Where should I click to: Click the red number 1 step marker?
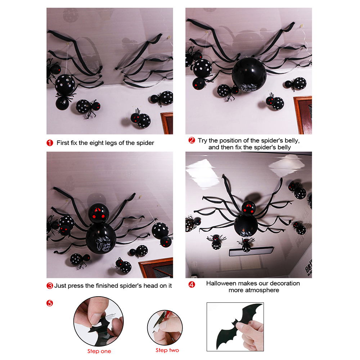point(50,143)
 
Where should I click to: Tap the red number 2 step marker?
point(192,140)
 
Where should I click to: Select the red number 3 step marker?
point(50,285)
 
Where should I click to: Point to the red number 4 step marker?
point(192,285)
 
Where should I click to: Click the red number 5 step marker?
point(50,303)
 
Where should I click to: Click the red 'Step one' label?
point(99,351)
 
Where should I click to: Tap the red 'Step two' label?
point(167,350)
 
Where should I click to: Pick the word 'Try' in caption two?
point(202,140)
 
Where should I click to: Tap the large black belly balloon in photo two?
point(249,74)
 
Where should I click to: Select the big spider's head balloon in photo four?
point(248,208)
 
